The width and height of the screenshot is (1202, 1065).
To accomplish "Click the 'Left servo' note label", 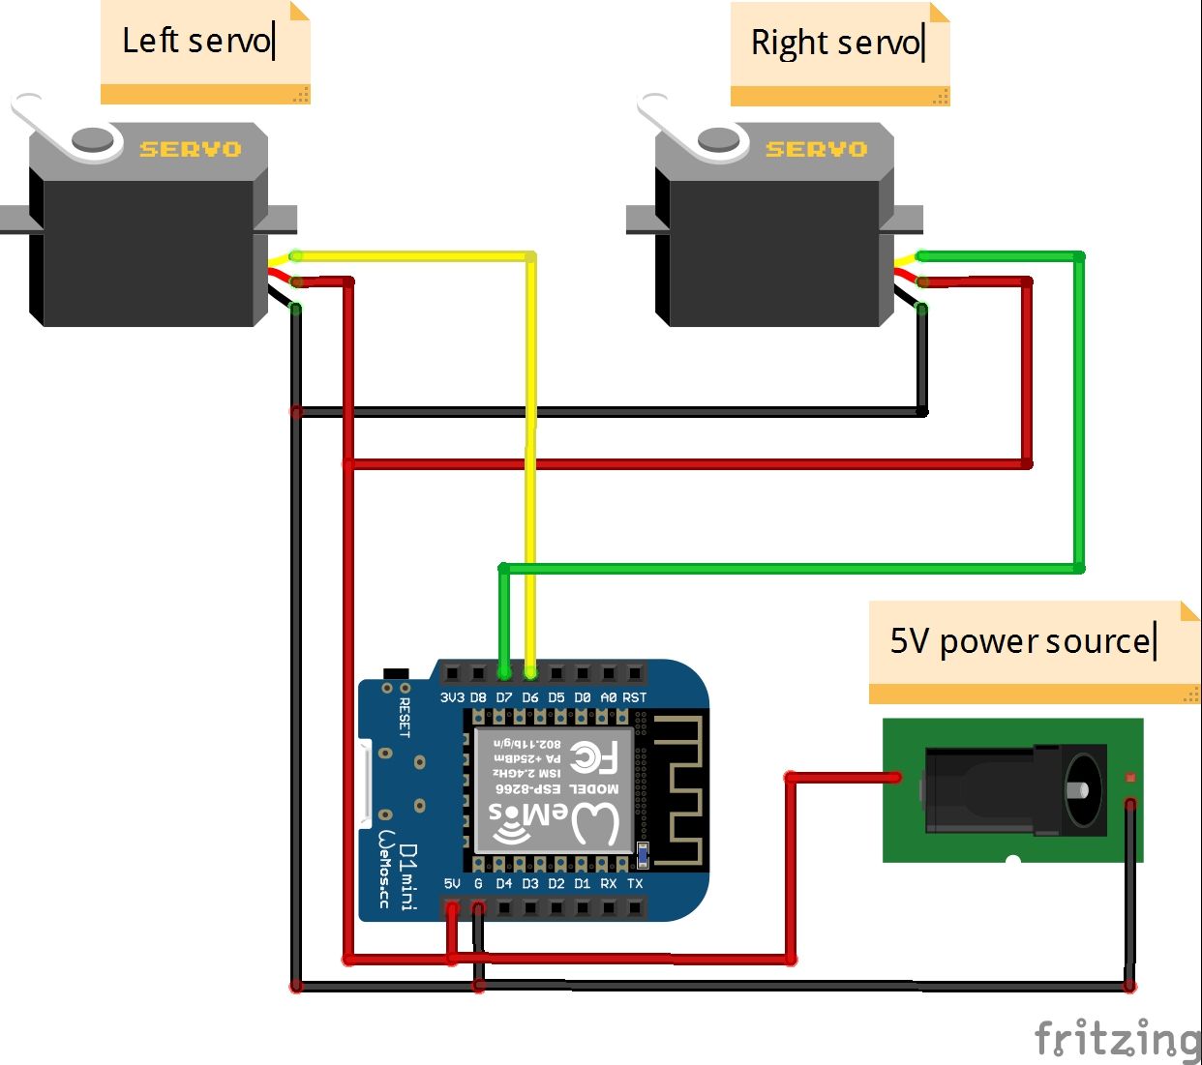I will click(x=198, y=42).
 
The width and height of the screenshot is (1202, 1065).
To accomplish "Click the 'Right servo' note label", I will click(x=837, y=44).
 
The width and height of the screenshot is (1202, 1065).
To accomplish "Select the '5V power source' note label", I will click(x=1021, y=641).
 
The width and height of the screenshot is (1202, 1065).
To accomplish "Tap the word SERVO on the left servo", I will click(x=191, y=149).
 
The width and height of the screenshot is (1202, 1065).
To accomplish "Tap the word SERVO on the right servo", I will click(x=817, y=149).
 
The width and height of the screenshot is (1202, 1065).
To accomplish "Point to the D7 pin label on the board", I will click(x=504, y=697).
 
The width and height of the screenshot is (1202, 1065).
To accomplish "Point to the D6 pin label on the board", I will click(x=530, y=697).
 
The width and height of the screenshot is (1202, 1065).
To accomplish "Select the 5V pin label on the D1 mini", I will click(x=452, y=884).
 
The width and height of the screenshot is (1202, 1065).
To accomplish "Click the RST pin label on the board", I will click(x=635, y=697).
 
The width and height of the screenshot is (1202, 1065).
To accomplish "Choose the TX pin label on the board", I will click(x=635, y=884).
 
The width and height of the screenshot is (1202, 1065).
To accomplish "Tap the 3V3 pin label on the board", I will click(x=452, y=697).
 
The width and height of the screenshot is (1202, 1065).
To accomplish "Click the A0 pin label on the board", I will click(x=608, y=697).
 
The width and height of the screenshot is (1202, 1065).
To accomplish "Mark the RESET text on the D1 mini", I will click(x=405, y=718).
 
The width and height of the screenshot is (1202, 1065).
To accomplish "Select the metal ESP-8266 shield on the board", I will click(x=554, y=789).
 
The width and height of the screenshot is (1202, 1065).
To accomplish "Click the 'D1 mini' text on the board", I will click(x=408, y=876).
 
